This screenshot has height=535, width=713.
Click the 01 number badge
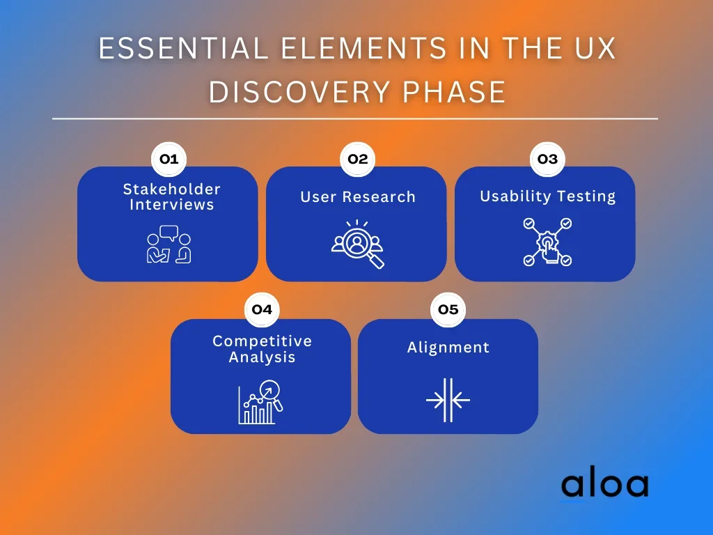point(169,160)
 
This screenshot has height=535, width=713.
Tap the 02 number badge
point(358,160)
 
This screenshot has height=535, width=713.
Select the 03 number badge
point(547,160)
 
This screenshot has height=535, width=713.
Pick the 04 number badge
point(262,310)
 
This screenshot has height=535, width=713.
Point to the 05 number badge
point(448,310)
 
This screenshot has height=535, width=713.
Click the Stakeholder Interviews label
point(172,197)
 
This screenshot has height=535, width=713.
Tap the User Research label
point(358,197)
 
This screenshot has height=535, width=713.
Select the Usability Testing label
point(548,196)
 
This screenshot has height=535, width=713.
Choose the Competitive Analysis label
point(263,350)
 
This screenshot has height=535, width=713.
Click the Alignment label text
point(448,348)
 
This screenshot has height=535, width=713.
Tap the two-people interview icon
point(169,245)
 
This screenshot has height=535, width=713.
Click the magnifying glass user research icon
point(358,244)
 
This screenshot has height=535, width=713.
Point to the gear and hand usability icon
point(547,242)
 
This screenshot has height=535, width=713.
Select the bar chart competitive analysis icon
point(260,402)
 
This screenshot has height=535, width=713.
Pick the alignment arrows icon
point(448,401)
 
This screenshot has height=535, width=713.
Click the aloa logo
point(605,484)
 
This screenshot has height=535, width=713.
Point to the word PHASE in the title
point(454,93)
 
